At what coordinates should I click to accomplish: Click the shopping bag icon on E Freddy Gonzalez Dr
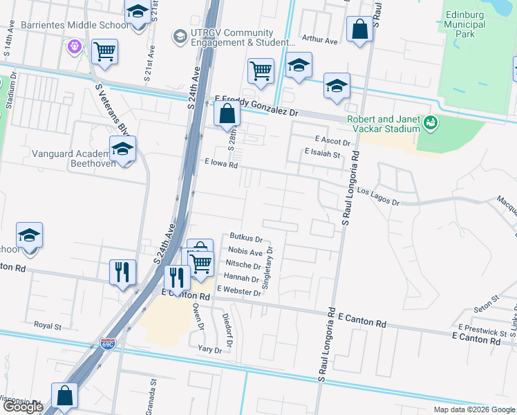coord(227,114)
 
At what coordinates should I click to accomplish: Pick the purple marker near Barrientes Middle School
coord(74,47)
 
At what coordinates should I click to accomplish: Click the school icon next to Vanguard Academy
coord(122,149)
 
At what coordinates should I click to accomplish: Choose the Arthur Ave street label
coord(319,41)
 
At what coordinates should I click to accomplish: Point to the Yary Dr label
coord(209,349)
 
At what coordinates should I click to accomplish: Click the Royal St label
coord(48,324)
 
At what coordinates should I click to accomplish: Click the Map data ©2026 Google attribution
coord(473,409)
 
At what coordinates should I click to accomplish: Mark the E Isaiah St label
coord(322,154)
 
